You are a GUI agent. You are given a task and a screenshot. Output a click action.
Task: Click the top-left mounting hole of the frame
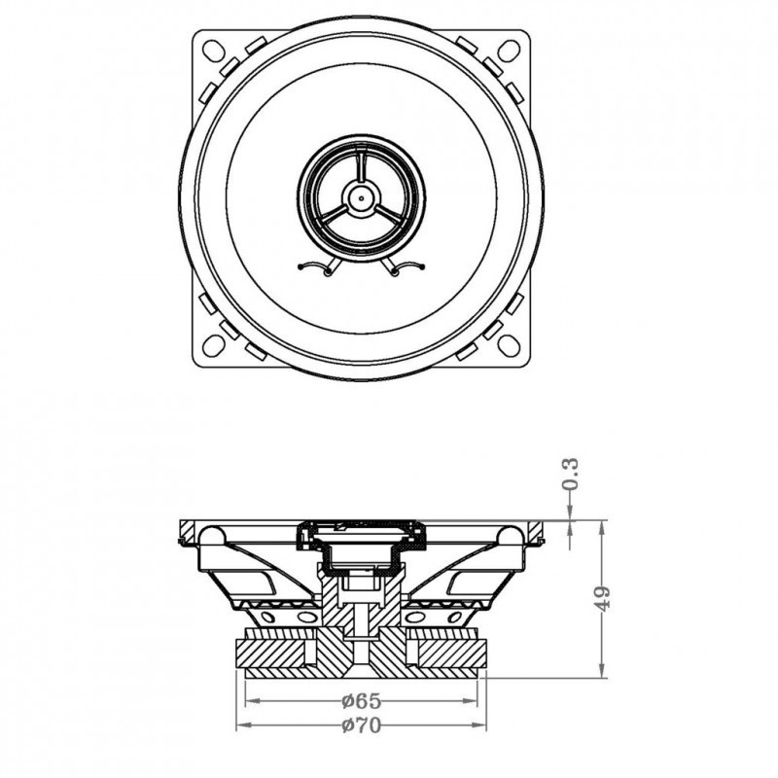pyautogui.click(x=214, y=51)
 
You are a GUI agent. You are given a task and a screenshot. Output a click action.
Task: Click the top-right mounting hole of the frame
pyautogui.click(x=509, y=51)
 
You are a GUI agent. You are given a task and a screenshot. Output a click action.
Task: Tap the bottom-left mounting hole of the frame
pyautogui.click(x=214, y=345)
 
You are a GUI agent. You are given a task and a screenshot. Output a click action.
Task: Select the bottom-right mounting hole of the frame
pyautogui.click(x=509, y=345)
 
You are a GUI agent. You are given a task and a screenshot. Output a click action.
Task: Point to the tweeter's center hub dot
pyautogui.click(x=361, y=198)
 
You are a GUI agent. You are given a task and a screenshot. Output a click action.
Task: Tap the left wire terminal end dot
pyautogui.click(x=301, y=267)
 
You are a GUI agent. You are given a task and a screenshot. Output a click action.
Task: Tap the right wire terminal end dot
pyautogui.click(x=423, y=267)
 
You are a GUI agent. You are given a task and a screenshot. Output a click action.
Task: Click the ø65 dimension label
pyautogui.click(x=362, y=701)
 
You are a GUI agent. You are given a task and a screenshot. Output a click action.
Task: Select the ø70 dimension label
pyautogui.click(x=362, y=725)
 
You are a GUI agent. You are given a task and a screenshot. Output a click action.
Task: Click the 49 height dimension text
pyautogui.click(x=602, y=598)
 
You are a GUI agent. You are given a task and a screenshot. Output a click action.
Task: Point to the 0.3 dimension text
pyautogui.click(x=571, y=474)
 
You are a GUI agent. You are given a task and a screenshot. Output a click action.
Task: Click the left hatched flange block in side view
pyautogui.click(x=188, y=531)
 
